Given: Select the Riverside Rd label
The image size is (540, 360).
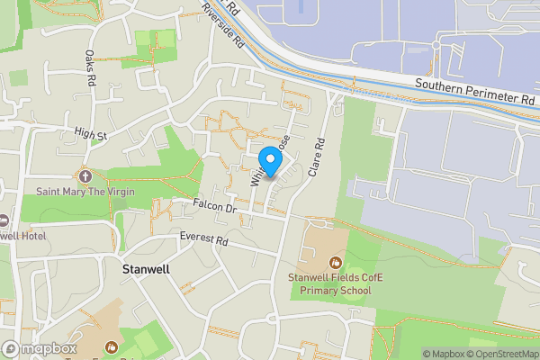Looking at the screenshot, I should click(x=224, y=23).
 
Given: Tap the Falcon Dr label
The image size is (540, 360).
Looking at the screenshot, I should click(x=213, y=208).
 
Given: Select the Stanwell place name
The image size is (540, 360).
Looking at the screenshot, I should click(x=146, y=269).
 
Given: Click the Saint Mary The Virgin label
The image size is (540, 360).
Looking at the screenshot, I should click(x=85, y=191).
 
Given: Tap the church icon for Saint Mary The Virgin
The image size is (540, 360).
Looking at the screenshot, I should click(x=85, y=175).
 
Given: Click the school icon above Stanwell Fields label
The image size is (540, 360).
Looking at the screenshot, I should click(x=335, y=262).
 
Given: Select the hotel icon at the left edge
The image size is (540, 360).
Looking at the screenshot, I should click(x=3, y=220).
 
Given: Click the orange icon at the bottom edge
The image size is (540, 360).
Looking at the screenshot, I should click(x=110, y=347).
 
